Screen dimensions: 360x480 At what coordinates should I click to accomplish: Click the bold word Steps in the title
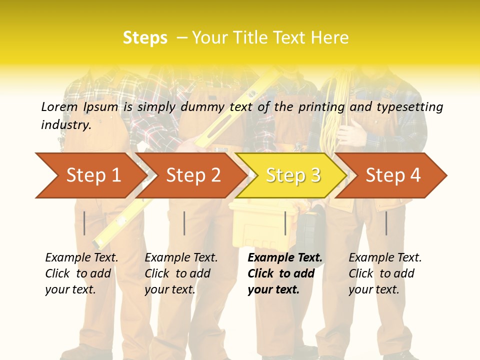[x=145, y=38]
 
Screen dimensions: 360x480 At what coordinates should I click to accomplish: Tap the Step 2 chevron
[x=193, y=175]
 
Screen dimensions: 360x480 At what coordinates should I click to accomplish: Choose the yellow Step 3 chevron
[x=293, y=175]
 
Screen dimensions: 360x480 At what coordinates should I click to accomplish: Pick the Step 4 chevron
[x=393, y=175]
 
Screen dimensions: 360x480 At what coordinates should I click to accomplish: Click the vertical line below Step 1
[x=84, y=223]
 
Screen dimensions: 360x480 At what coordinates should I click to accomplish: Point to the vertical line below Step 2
[x=184, y=223]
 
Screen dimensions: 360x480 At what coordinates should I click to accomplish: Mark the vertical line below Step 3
[x=285, y=223]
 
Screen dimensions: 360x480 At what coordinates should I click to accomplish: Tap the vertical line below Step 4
[x=386, y=223]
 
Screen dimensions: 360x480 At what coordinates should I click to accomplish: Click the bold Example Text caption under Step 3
[x=285, y=273]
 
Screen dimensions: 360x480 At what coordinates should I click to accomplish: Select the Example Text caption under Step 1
[x=81, y=273]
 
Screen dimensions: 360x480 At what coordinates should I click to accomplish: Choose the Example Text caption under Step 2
[x=181, y=273]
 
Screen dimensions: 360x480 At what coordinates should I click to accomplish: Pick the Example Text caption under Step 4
[x=385, y=273]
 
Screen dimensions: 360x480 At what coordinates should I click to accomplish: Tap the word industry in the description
[x=66, y=125]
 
